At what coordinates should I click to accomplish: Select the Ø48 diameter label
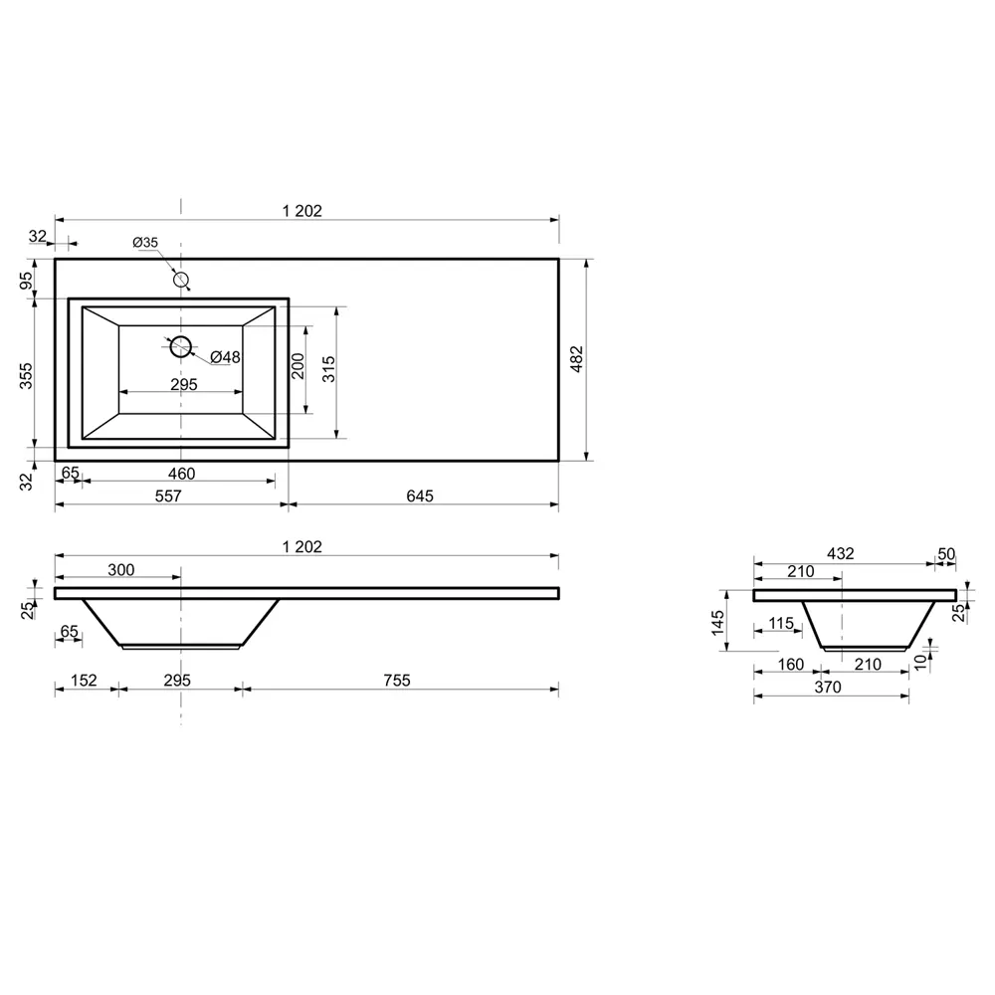[225, 357]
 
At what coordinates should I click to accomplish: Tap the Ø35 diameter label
[145, 243]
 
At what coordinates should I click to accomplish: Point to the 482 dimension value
[576, 359]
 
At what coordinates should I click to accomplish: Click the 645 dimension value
[420, 496]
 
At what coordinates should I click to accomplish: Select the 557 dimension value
[168, 496]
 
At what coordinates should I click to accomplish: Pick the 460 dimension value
[181, 474]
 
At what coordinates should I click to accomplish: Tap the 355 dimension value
[26, 376]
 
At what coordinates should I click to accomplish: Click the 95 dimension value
[26, 280]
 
